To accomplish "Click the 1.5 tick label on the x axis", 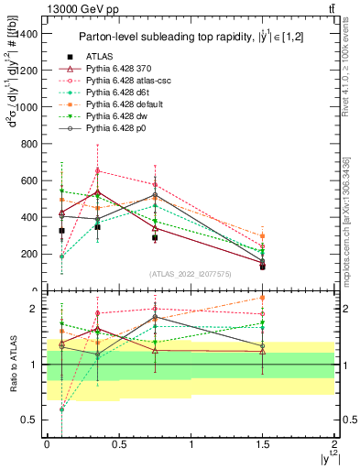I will coord(263,443).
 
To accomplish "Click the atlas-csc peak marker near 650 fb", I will coord(97,171).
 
